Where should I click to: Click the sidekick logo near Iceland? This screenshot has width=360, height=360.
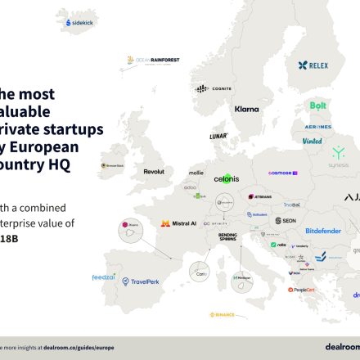[x=79, y=23]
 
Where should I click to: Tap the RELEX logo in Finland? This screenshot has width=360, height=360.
[x=313, y=65]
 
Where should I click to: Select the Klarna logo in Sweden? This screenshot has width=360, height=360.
[x=246, y=109]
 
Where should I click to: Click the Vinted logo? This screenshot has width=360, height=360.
[x=312, y=140]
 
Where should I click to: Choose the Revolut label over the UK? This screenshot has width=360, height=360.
[x=154, y=172]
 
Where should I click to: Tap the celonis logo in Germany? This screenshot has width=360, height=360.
[x=226, y=178]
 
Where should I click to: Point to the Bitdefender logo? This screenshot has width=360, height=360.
[x=323, y=231]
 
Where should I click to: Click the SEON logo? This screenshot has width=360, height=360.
[x=286, y=221]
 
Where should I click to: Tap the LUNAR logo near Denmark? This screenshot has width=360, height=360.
[x=217, y=136]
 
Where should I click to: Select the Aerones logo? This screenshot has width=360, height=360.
[x=317, y=127]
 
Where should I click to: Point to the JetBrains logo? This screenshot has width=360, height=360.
[x=259, y=197]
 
